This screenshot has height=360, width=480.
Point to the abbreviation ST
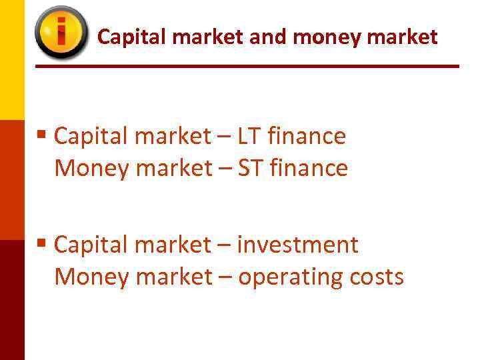tap(251, 169)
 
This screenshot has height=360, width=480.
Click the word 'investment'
tap(298, 245)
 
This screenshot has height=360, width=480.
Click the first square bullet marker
tap(42, 135)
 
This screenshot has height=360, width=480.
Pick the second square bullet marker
tap(42, 244)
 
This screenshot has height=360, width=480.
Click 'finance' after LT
tap(306, 137)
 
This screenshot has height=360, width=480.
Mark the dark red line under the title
tap(247, 66)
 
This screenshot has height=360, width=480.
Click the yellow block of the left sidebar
tap(12, 60)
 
